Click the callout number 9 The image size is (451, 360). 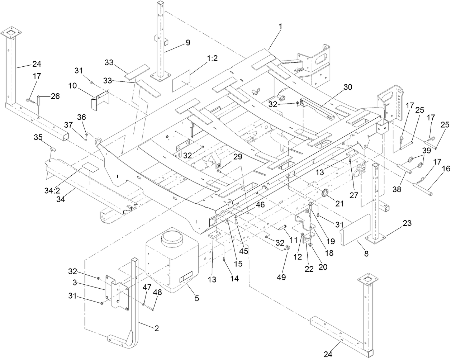click(x=188, y=42)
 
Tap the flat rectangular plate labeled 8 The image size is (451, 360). click(x=355, y=230)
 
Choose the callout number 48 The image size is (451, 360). click(x=158, y=292)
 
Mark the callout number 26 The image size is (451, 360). click(x=55, y=96)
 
